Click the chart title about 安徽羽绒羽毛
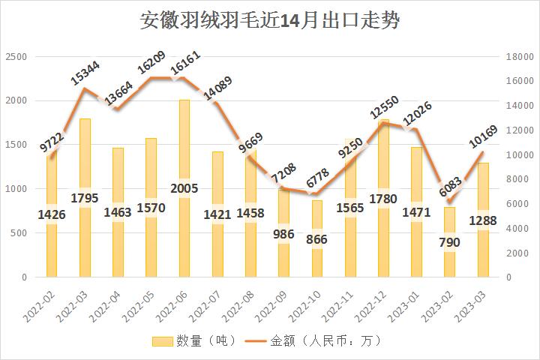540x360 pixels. [x=270, y=20]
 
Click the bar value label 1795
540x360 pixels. [x=85, y=198]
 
